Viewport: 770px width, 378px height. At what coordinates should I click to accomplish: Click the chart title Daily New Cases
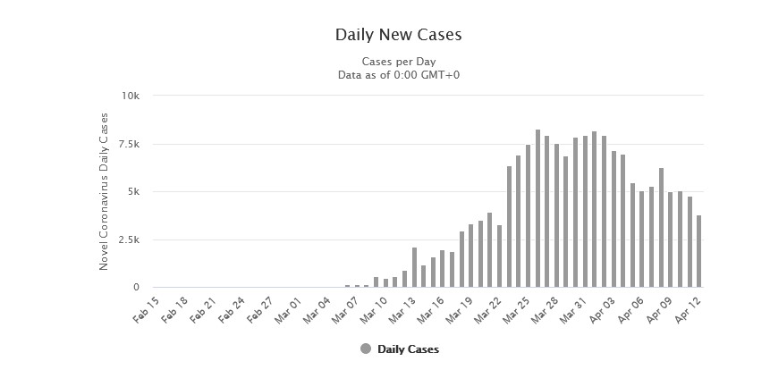[x=398, y=36]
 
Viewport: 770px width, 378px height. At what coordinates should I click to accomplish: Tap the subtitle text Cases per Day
[x=398, y=62]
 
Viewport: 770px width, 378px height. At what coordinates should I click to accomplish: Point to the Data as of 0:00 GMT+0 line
[x=398, y=74]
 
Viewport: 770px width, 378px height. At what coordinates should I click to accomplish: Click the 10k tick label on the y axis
[x=131, y=96]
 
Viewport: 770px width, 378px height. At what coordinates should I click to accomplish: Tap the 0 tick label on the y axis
[x=136, y=288]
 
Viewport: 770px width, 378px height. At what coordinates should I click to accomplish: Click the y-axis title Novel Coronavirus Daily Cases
[x=104, y=191]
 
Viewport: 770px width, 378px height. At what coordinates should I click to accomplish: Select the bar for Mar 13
[x=414, y=267]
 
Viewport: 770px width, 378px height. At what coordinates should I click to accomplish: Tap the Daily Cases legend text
[x=408, y=349]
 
